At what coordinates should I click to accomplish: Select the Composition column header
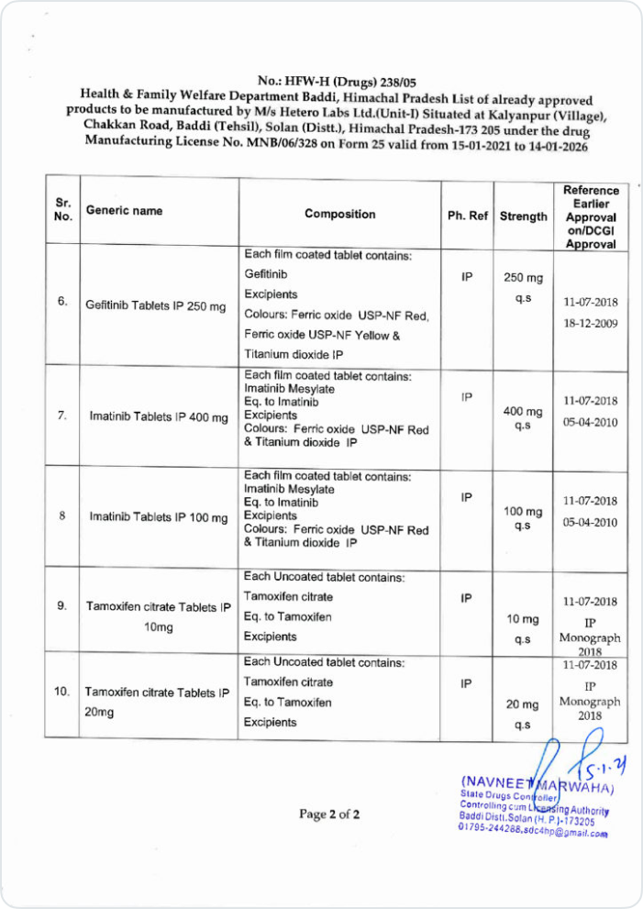pos(340,214)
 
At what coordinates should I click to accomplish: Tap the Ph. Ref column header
pos(467,216)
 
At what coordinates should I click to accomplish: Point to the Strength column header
pos(524,216)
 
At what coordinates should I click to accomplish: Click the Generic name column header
pos(124,210)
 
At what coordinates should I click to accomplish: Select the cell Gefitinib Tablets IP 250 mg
pos(156,305)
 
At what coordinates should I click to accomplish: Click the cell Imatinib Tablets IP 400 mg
pos(158,416)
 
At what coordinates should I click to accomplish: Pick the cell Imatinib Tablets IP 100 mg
pos(158,516)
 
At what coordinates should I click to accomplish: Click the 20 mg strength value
pos(523,704)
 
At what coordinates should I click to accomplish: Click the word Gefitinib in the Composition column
pos(266,274)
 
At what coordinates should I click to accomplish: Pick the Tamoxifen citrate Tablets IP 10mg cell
pos(158,616)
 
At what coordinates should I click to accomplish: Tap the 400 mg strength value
pos(524,411)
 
